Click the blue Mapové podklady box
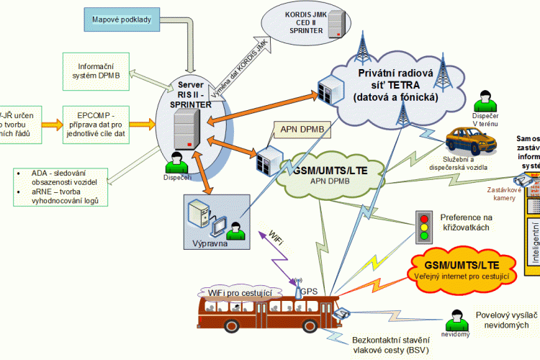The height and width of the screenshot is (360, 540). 121,20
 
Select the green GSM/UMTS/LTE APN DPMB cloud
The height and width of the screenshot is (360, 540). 330,174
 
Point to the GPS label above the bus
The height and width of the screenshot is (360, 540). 310,292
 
